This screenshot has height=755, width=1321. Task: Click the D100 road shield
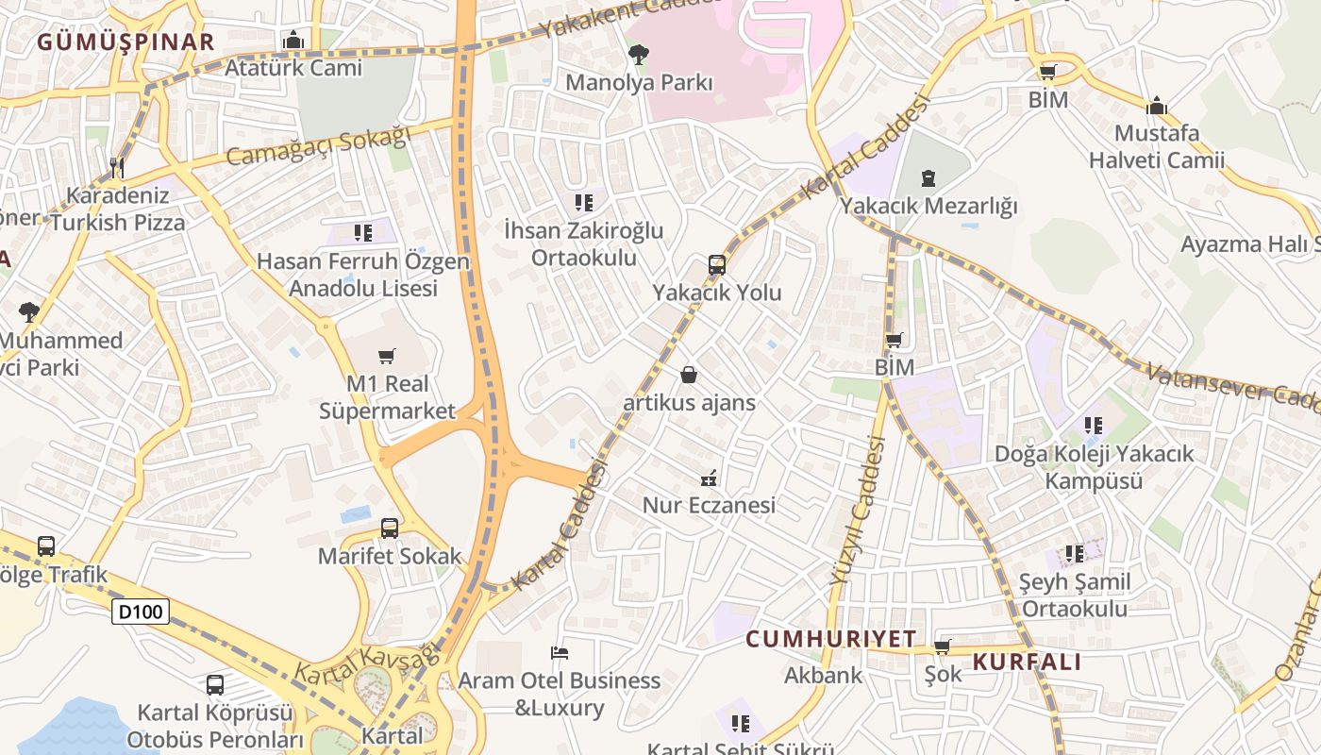[x=142, y=612]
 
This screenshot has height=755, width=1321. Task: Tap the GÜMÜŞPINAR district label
[x=126, y=42]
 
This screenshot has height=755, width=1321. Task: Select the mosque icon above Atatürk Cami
[x=293, y=41]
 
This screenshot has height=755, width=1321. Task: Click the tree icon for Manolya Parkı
[x=639, y=55]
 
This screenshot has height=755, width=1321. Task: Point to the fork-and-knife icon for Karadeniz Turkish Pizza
[x=117, y=168]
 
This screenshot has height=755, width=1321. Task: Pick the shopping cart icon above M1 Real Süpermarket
[x=386, y=356]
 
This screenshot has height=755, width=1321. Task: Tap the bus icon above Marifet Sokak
[x=389, y=528]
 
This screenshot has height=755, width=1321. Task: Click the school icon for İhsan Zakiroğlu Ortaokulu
[x=584, y=202]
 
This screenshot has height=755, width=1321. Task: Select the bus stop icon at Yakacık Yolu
[x=717, y=265]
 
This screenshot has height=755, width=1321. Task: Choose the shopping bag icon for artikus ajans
[x=690, y=376]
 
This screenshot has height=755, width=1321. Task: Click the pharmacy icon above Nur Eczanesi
[x=709, y=478]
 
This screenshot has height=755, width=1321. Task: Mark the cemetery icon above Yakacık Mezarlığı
[x=928, y=177]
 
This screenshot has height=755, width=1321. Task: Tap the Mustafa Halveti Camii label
[x=1157, y=146]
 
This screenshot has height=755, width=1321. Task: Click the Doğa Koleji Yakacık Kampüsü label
[x=1094, y=467]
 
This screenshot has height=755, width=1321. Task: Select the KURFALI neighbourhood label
[x=1027, y=662]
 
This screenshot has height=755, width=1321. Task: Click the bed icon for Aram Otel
[x=560, y=652]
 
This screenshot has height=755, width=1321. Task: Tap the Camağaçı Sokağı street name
[x=319, y=148]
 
